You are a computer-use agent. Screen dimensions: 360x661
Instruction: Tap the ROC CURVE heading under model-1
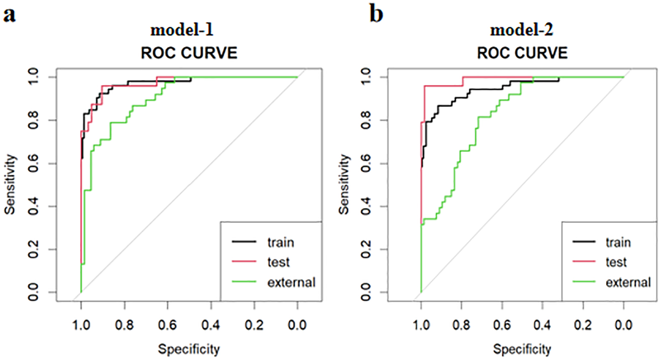(189, 53)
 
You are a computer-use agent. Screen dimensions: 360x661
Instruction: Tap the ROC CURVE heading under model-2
(522, 53)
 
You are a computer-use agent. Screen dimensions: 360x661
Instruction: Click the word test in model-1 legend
(279, 262)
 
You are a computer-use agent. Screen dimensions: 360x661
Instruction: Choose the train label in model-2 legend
(618, 242)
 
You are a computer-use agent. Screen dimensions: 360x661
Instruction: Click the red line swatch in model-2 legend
(581, 262)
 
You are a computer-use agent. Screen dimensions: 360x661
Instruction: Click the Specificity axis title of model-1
(189, 349)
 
